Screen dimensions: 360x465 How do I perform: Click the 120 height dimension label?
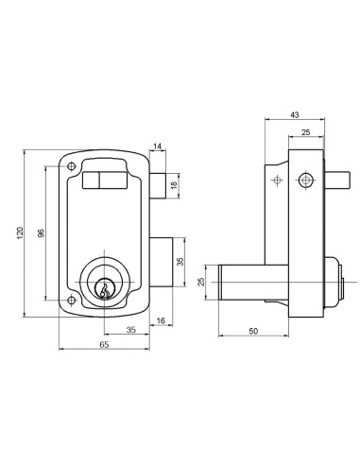(x=20, y=233)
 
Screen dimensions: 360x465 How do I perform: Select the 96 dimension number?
(x=42, y=233)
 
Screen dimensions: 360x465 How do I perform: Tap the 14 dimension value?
(x=157, y=146)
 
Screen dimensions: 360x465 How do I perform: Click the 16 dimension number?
(x=161, y=320)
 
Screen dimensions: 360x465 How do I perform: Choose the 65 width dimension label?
(x=104, y=345)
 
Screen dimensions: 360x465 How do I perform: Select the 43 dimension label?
(x=295, y=115)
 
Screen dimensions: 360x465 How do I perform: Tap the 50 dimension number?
(x=253, y=332)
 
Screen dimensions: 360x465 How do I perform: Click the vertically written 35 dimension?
(x=180, y=262)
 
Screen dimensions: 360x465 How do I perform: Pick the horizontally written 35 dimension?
(x=131, y=330)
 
